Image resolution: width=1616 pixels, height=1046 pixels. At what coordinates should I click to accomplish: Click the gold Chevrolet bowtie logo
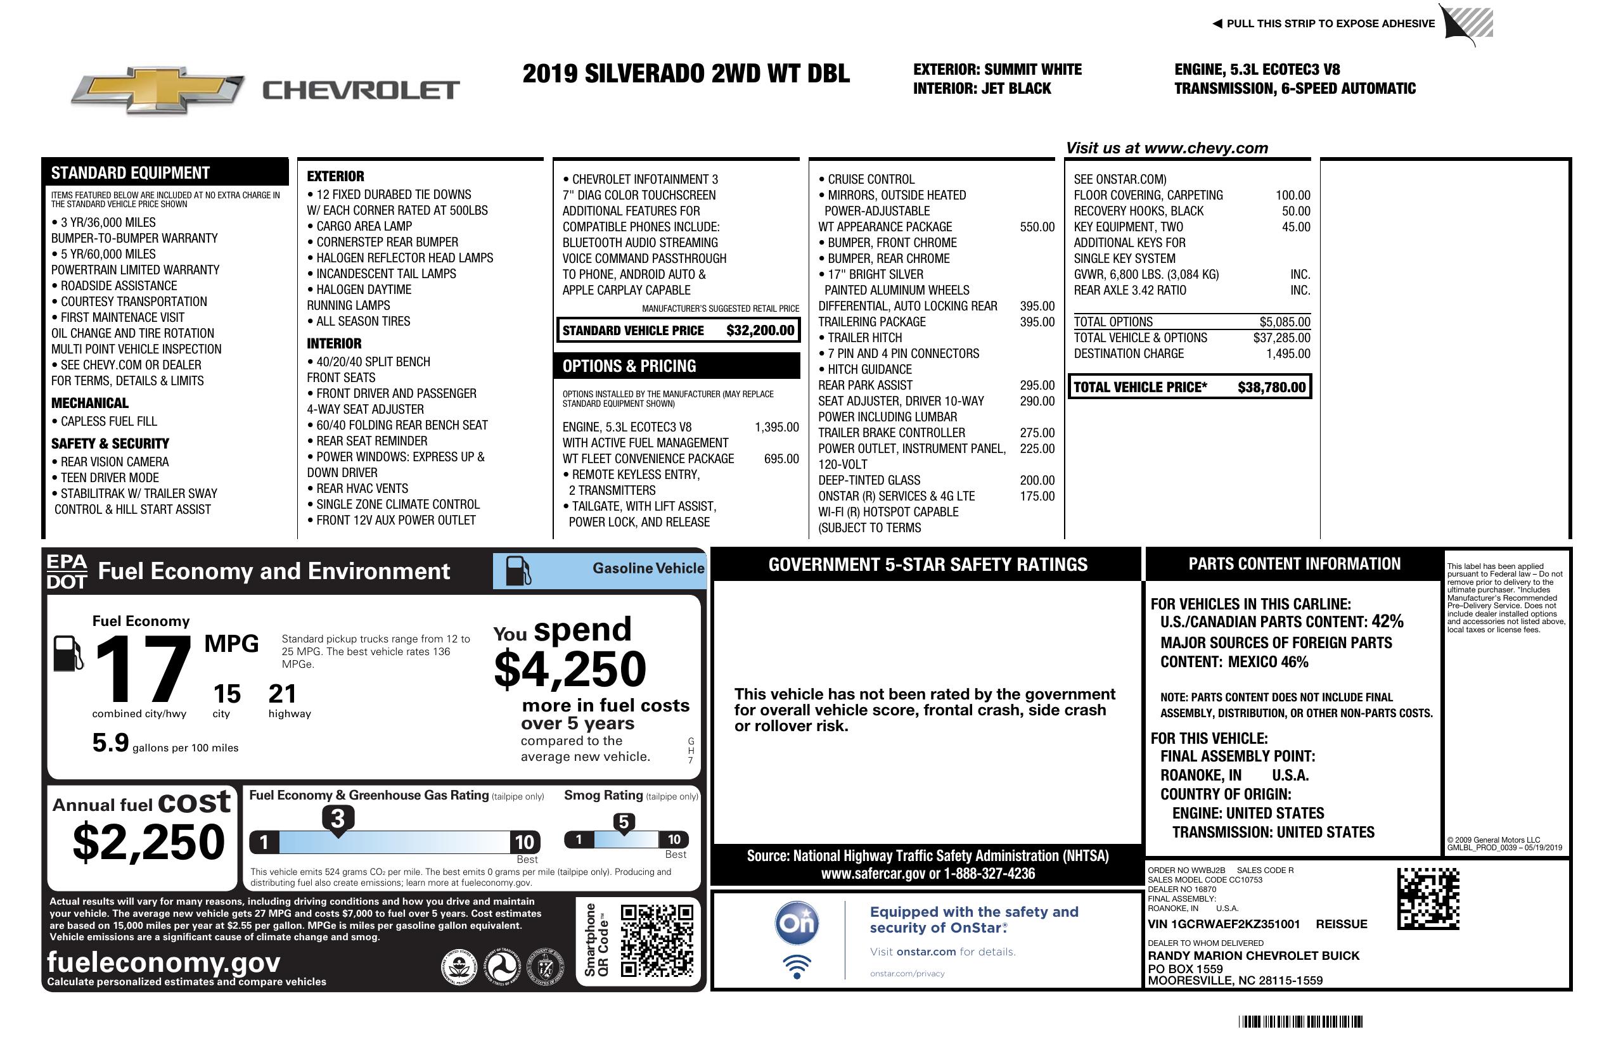pyautogui.click(x=158, y=90)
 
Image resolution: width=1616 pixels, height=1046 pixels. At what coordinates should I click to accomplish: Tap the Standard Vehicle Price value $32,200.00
pyautogui.click(x=760, y=331)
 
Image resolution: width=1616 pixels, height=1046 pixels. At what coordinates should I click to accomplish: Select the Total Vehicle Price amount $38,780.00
pyautogui.click(x=1271, y=387)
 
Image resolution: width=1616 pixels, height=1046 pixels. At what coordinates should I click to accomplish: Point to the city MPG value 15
pyautogui.click(x=227, y=694)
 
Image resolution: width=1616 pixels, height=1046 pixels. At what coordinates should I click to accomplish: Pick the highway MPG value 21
pyautogui.click(x=283, y=694)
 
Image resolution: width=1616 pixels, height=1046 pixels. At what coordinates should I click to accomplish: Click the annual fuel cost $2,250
pyautogui.click(x=148, y=842)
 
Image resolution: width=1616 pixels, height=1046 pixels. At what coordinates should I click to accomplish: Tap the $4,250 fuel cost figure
pyautogui.click(x=570, y=669)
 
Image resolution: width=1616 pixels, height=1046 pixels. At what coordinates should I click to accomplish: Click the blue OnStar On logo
pyautogui.click(x=797, y=923)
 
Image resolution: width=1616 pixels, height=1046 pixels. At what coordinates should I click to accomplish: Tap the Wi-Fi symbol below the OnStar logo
pyautogui.click(x=797, y=966)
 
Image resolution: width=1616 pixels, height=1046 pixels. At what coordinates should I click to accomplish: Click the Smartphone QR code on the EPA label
pyautogui.click(x=657, y=940)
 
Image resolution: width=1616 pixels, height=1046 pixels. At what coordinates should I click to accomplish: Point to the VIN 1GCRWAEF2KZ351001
pyautogui.click(x=1224, y=924)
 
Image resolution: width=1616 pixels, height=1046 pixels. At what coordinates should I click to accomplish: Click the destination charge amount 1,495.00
pyautogui.click(x=1288, y=354)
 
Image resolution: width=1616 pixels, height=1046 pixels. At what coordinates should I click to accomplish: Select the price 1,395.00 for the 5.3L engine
pyautogui.click(x=776, y=427)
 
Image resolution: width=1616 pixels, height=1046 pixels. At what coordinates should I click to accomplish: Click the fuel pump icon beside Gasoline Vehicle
pyautogui.click(x=519, y=571)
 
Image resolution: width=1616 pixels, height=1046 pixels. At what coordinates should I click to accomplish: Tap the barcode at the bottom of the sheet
pyautogui.click(x=1300, y=1021)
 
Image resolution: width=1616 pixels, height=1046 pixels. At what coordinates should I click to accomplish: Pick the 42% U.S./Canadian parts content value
pyautogui.click(x=1387, y=621)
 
